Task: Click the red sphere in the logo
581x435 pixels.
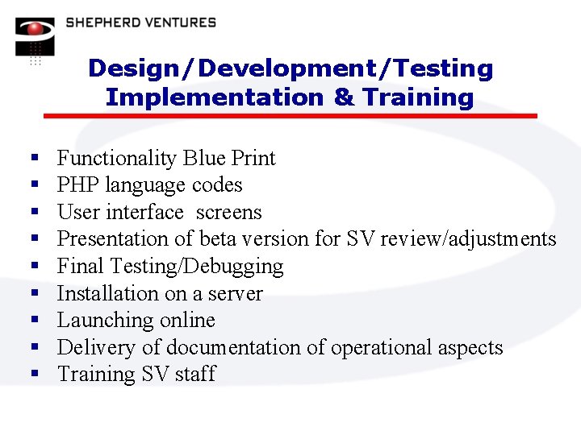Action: [x=35, y=30]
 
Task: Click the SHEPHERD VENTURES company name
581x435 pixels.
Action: [x=140, y=23]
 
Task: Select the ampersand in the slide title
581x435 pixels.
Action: [x=343, y=97]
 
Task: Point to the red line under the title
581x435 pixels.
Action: [x=290, y=116]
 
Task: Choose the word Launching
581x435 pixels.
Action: [x=102, y=321]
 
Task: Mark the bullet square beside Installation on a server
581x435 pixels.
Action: [x=33, y=293]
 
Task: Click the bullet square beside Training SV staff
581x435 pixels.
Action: [x=33, y=375]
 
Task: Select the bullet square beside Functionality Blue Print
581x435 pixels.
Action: [x=33, y=158]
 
